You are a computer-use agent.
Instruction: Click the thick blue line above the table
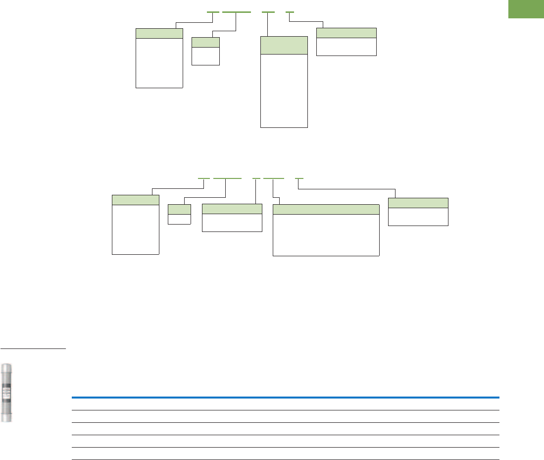tap(285, 398)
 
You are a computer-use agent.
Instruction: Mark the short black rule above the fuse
tap(33, 348)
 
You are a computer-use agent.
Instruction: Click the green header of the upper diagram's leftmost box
tap(159, 33)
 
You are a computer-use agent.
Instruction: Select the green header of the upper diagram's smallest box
tap(205, 42)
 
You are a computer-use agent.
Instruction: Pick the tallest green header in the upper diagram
tap(284, 45)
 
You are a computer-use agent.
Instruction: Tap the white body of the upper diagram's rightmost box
tap(346, 47)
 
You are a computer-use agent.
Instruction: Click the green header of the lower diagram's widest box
tap(326, 209)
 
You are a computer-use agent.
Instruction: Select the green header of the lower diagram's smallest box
tap(179, 209)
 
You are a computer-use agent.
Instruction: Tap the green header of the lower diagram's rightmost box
tap(418, 203)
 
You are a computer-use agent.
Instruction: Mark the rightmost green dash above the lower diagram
tap(299, 177)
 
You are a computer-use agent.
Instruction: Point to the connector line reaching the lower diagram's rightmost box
tap(346, 188)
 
